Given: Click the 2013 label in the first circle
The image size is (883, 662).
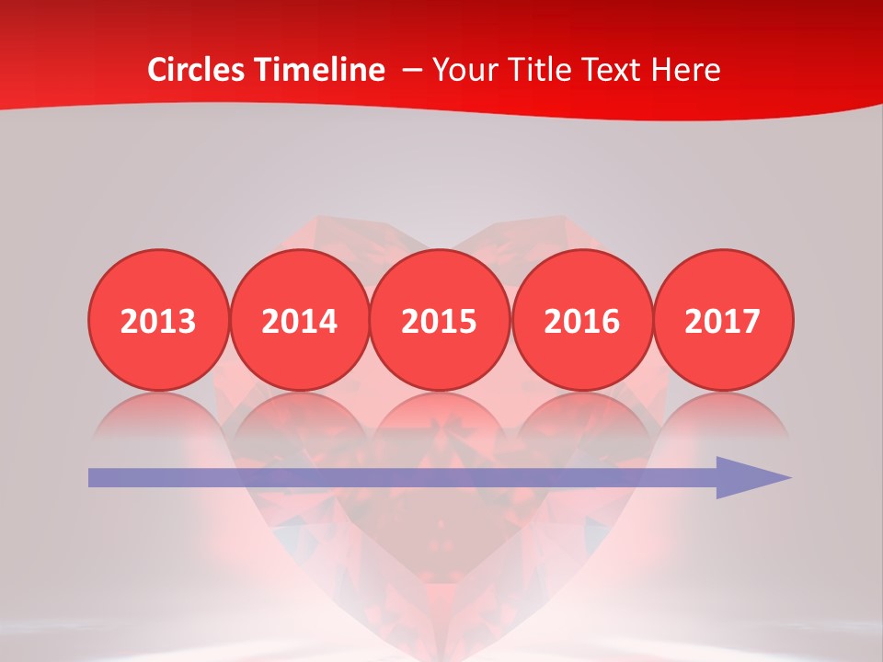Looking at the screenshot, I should [158, 321].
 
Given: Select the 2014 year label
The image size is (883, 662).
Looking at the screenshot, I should [299, 321].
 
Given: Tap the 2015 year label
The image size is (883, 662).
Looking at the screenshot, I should [440, 321].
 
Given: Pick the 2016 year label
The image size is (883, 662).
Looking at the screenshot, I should [581, 321].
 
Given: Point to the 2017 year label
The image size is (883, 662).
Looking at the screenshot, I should [722, 321].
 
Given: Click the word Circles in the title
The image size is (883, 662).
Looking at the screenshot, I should [194, 70].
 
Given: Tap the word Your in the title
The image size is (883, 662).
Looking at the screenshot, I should [463, 70].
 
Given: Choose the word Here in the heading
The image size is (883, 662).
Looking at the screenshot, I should [687, 70].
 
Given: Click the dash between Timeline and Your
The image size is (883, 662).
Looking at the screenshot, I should [411, 70].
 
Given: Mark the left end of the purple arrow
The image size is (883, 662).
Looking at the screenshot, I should [93, 477].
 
